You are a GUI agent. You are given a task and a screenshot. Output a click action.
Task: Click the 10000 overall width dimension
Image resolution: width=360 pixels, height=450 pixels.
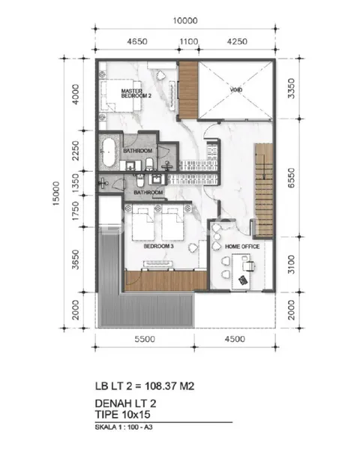(x=183, y=20)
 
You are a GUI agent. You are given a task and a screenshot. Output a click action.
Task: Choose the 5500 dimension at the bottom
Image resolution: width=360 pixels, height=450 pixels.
(x=144, y=340)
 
